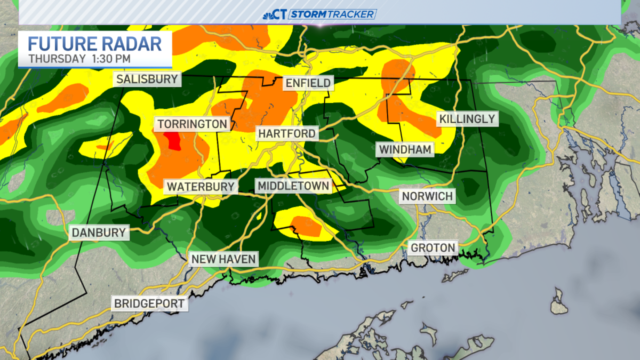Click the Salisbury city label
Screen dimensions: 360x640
(x=147, y=79)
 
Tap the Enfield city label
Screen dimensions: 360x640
(x=308, y=83)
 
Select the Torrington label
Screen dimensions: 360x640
(x=192, y=124)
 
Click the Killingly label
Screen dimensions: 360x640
(x=467, y=118)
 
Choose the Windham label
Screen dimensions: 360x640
(x=405, y=149)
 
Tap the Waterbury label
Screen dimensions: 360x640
(x=200, y=187)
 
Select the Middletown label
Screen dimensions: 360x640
(x=293, y=186)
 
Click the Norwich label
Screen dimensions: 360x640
(x=427, y=196)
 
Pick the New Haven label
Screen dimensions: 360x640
(x=223, y=259)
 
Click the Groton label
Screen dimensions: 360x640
(x=433, y=247)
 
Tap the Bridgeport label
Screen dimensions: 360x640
(x=149, y=303)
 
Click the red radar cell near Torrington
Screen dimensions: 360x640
(x=171, y=142)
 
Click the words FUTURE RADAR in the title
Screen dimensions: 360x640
(x=94, y=43)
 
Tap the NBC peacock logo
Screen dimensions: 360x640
(x=268, y=14)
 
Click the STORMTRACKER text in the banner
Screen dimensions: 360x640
(x=332, y=14)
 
